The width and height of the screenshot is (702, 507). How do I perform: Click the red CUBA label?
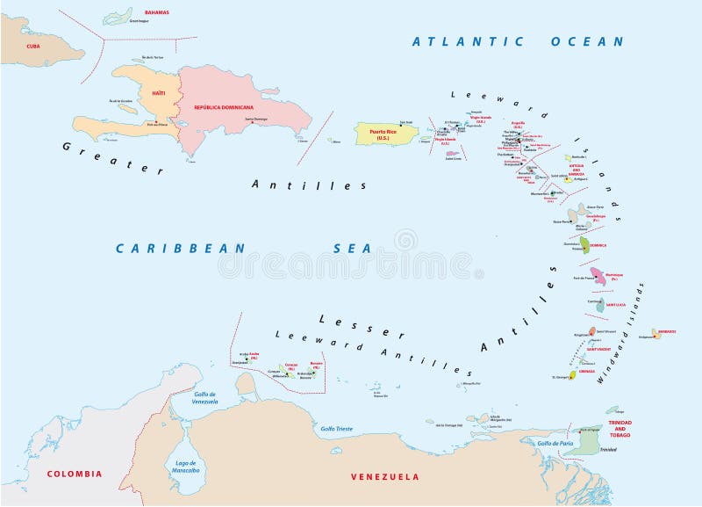click(33, 46)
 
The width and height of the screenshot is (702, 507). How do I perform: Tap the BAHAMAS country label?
click(156, 12)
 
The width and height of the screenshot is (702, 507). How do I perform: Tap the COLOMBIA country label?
click(74, 474)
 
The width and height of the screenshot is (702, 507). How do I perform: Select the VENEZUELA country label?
click(383, 476)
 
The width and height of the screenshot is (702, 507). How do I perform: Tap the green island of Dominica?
click(584, 243)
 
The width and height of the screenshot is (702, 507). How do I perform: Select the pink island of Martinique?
click(598, 276)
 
